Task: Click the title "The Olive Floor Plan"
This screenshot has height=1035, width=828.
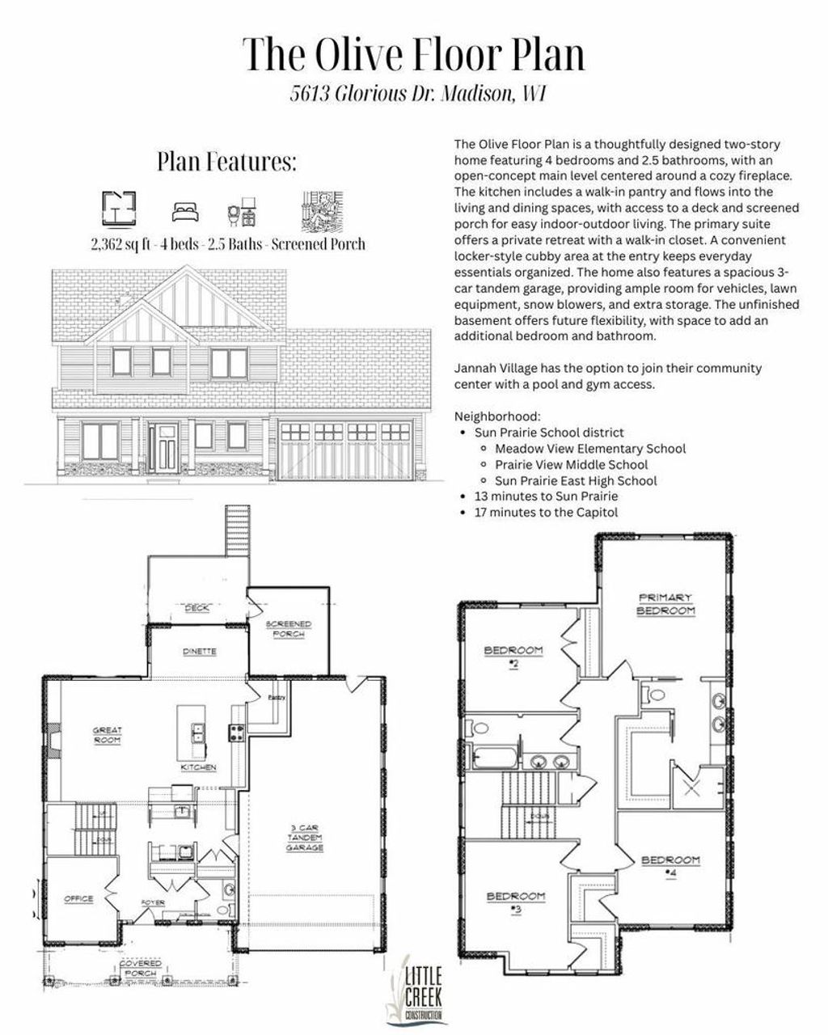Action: pyautogui.click(x=413, y=54)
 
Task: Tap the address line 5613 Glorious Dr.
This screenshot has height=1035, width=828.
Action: pyautogui.click(x=417, y=95)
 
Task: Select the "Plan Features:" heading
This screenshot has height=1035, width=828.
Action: pyautogui.click(x=226, y=162)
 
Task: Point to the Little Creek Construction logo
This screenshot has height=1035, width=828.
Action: pyautogui.click(x=416, y=990)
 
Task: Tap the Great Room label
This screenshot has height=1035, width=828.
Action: pyautogui.click(x=107, y=735)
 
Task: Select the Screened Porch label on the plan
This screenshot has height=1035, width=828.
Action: pyautogui.click(x=289, y=629)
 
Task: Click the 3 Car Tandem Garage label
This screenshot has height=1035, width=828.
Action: pyautogui.click(x=306, y=838)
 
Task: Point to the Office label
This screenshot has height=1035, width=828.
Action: pyautogui.click(x=78, y=899)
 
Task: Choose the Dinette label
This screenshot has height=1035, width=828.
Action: pyautogui.click(x=199, y=651)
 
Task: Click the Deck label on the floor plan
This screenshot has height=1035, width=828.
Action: pyautogui.click(x=196, y=608)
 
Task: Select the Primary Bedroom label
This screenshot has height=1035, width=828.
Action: pyautogui.click(x=665, y=604)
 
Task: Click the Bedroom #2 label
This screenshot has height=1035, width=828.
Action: pyautogui.click(x=513, y=656)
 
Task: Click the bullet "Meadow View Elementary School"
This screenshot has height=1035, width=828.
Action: pyautogui.click(x=590, y=449)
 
